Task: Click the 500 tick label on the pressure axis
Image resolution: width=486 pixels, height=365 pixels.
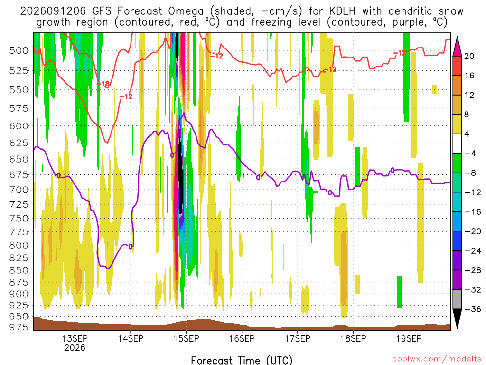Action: coord(19,50)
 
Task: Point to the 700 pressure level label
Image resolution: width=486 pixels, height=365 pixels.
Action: coord(19,190)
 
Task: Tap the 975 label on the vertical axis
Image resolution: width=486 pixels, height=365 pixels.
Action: coord(19,327)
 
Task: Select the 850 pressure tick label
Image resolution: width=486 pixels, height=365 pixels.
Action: coord(19,270)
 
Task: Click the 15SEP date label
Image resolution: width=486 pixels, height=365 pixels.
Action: coord(186,338)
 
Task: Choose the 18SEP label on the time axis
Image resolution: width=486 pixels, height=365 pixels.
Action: coord(353,338)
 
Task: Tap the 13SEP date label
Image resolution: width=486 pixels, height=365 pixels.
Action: coord(75,338)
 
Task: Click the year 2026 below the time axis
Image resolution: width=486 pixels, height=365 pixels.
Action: coord(75,347)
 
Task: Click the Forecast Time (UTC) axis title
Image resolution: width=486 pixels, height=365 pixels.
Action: coord(242,360)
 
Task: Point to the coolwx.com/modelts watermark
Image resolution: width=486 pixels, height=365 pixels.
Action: coord(437,359)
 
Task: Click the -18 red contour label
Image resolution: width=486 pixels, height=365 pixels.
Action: coord(103,84)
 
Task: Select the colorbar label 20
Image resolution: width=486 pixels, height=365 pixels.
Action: coord(469,56)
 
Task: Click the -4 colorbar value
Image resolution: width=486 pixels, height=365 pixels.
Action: coord(470,154)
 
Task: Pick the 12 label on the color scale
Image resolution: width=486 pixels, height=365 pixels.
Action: coord(469,95)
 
